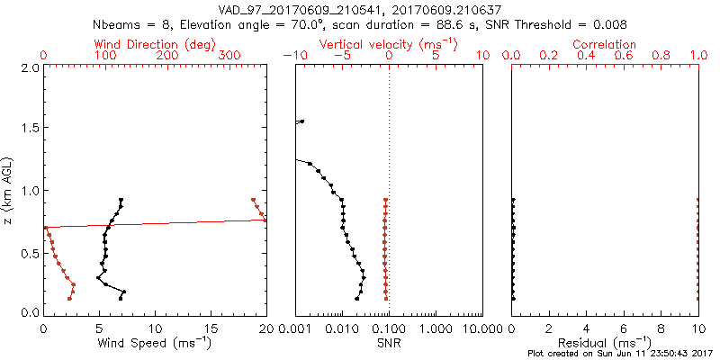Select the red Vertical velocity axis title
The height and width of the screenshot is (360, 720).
(x=388, y=44)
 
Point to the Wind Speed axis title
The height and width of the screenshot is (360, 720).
(x=156, y=343)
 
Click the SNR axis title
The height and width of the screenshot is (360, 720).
(x=389, y=343)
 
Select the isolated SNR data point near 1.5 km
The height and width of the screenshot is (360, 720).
(x=302, y=121)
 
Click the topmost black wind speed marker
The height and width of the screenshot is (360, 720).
(x=121, y=200)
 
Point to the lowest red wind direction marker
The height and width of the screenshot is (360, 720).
(x=69, y=298)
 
